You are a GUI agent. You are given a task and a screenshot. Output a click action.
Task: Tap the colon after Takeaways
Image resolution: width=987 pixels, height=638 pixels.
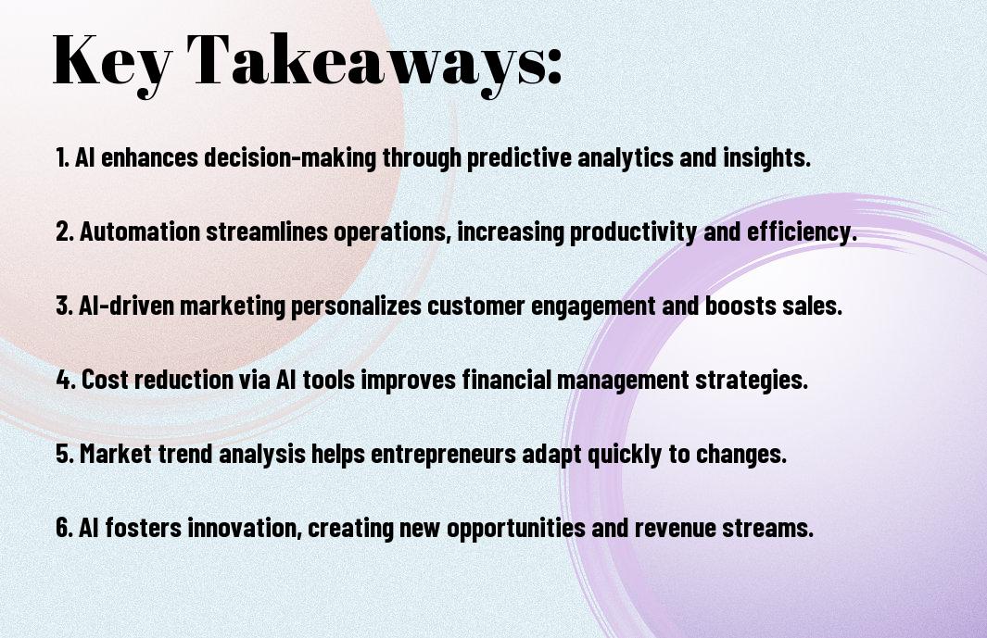554,68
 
